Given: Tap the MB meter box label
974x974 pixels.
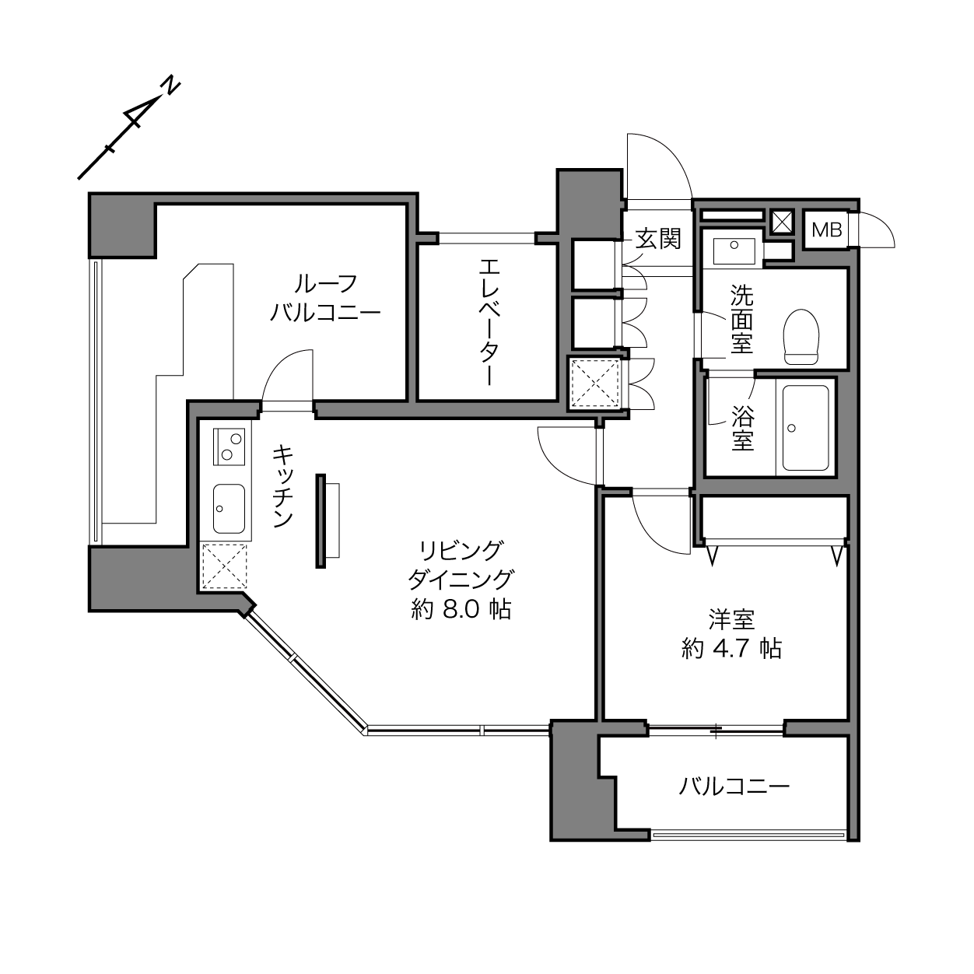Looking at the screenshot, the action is click(827, 230).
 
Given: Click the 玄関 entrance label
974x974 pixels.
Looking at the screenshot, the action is click(658, 239).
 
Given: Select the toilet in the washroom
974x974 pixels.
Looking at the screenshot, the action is click(801, 337).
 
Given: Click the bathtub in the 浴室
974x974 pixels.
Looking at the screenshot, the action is click(806, 428).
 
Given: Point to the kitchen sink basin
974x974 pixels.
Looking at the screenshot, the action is click(229, 509).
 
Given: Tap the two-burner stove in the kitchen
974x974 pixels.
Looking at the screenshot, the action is click(229, 447).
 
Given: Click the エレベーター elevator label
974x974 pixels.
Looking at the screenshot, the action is click(489, 322).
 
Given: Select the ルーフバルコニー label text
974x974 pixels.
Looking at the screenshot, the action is click(325, 298).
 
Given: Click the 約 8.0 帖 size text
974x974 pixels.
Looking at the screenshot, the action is click(461, 610).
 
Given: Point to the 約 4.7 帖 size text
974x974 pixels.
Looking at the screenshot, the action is click(731, 649).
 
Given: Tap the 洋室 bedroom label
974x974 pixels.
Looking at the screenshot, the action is click(731, 620).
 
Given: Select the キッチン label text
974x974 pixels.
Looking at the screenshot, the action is click(283, 486).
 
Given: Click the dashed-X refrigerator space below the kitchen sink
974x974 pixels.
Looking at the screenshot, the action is click(224, 566).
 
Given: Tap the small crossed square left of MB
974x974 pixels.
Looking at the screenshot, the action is click(781, 222).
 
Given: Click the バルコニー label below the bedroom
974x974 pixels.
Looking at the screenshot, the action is click(734, 787).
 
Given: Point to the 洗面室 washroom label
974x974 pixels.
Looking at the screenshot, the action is click(741, 319).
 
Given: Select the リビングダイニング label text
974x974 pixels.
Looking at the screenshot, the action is click(461, 565).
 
